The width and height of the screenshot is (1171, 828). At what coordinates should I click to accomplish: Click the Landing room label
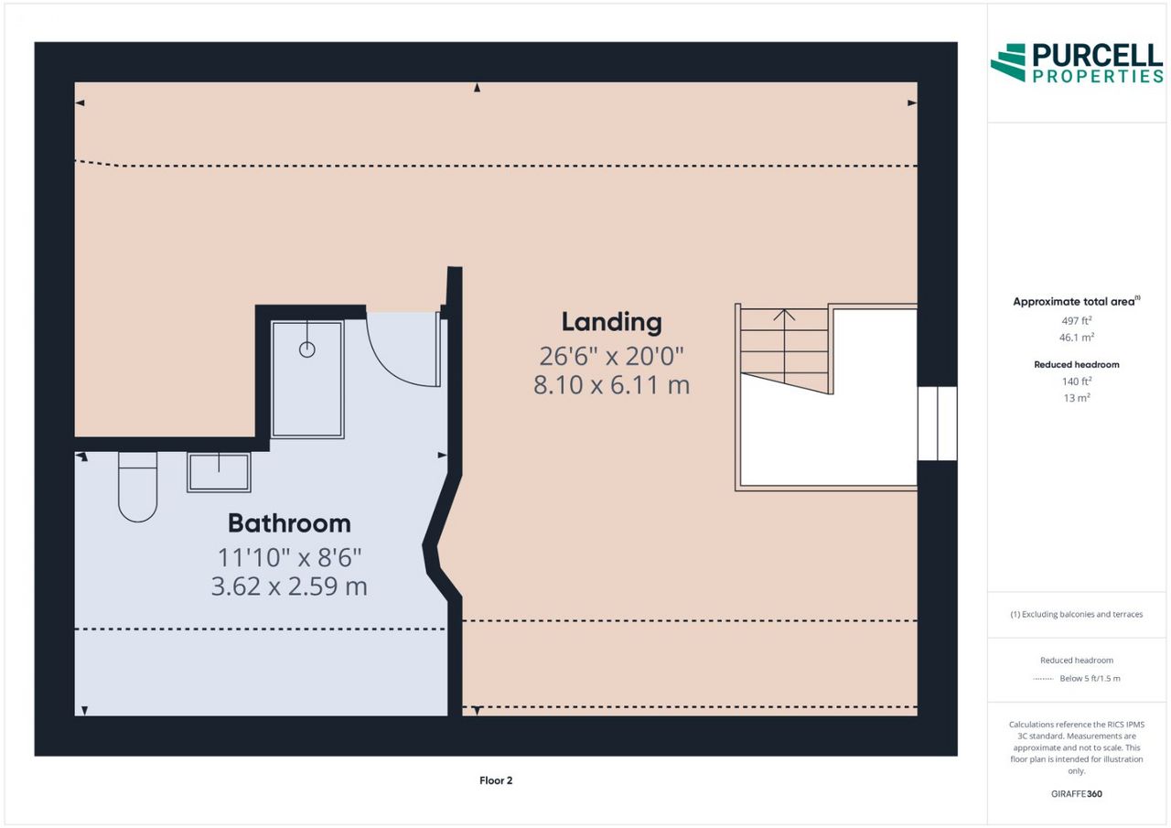[x=612, y=322]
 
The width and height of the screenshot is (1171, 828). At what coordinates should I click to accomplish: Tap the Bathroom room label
[x=289, y=523]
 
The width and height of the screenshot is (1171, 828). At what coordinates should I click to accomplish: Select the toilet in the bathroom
[x=137, y=487]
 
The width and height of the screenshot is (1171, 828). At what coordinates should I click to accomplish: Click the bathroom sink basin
[x=219, y=472]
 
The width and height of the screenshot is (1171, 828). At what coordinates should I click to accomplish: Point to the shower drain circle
[x=306, y=349]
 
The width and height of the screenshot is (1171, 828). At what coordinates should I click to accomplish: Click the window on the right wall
[x=938, y=424]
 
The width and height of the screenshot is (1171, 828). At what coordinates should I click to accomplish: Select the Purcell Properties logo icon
[x=1008, y=63]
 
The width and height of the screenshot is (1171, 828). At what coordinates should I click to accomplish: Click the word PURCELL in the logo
[x=1098, y=56]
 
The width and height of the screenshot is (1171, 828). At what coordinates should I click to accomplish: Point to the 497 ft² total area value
[x=1077, y=320]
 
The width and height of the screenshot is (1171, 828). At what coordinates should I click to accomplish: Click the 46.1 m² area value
[x=1077, y=338]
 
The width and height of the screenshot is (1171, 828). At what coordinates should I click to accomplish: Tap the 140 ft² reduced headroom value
[x=1077, y=382]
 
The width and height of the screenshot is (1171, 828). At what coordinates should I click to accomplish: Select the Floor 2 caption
[x=496, y=780]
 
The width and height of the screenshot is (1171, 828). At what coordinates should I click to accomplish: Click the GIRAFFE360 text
[x=1077, y=793]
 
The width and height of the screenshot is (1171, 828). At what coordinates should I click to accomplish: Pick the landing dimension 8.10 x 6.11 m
[x=612, y=385]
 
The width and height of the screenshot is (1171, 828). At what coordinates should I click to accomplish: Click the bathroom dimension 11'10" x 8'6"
[x=289, y=557]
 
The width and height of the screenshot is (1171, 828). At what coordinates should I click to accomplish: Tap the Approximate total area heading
[x=1077, y=301]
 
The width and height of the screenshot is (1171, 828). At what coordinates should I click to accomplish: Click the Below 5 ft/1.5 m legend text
[x=1090, y=679]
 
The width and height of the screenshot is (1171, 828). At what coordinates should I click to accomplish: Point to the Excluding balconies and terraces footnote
[x=1077, y=614]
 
